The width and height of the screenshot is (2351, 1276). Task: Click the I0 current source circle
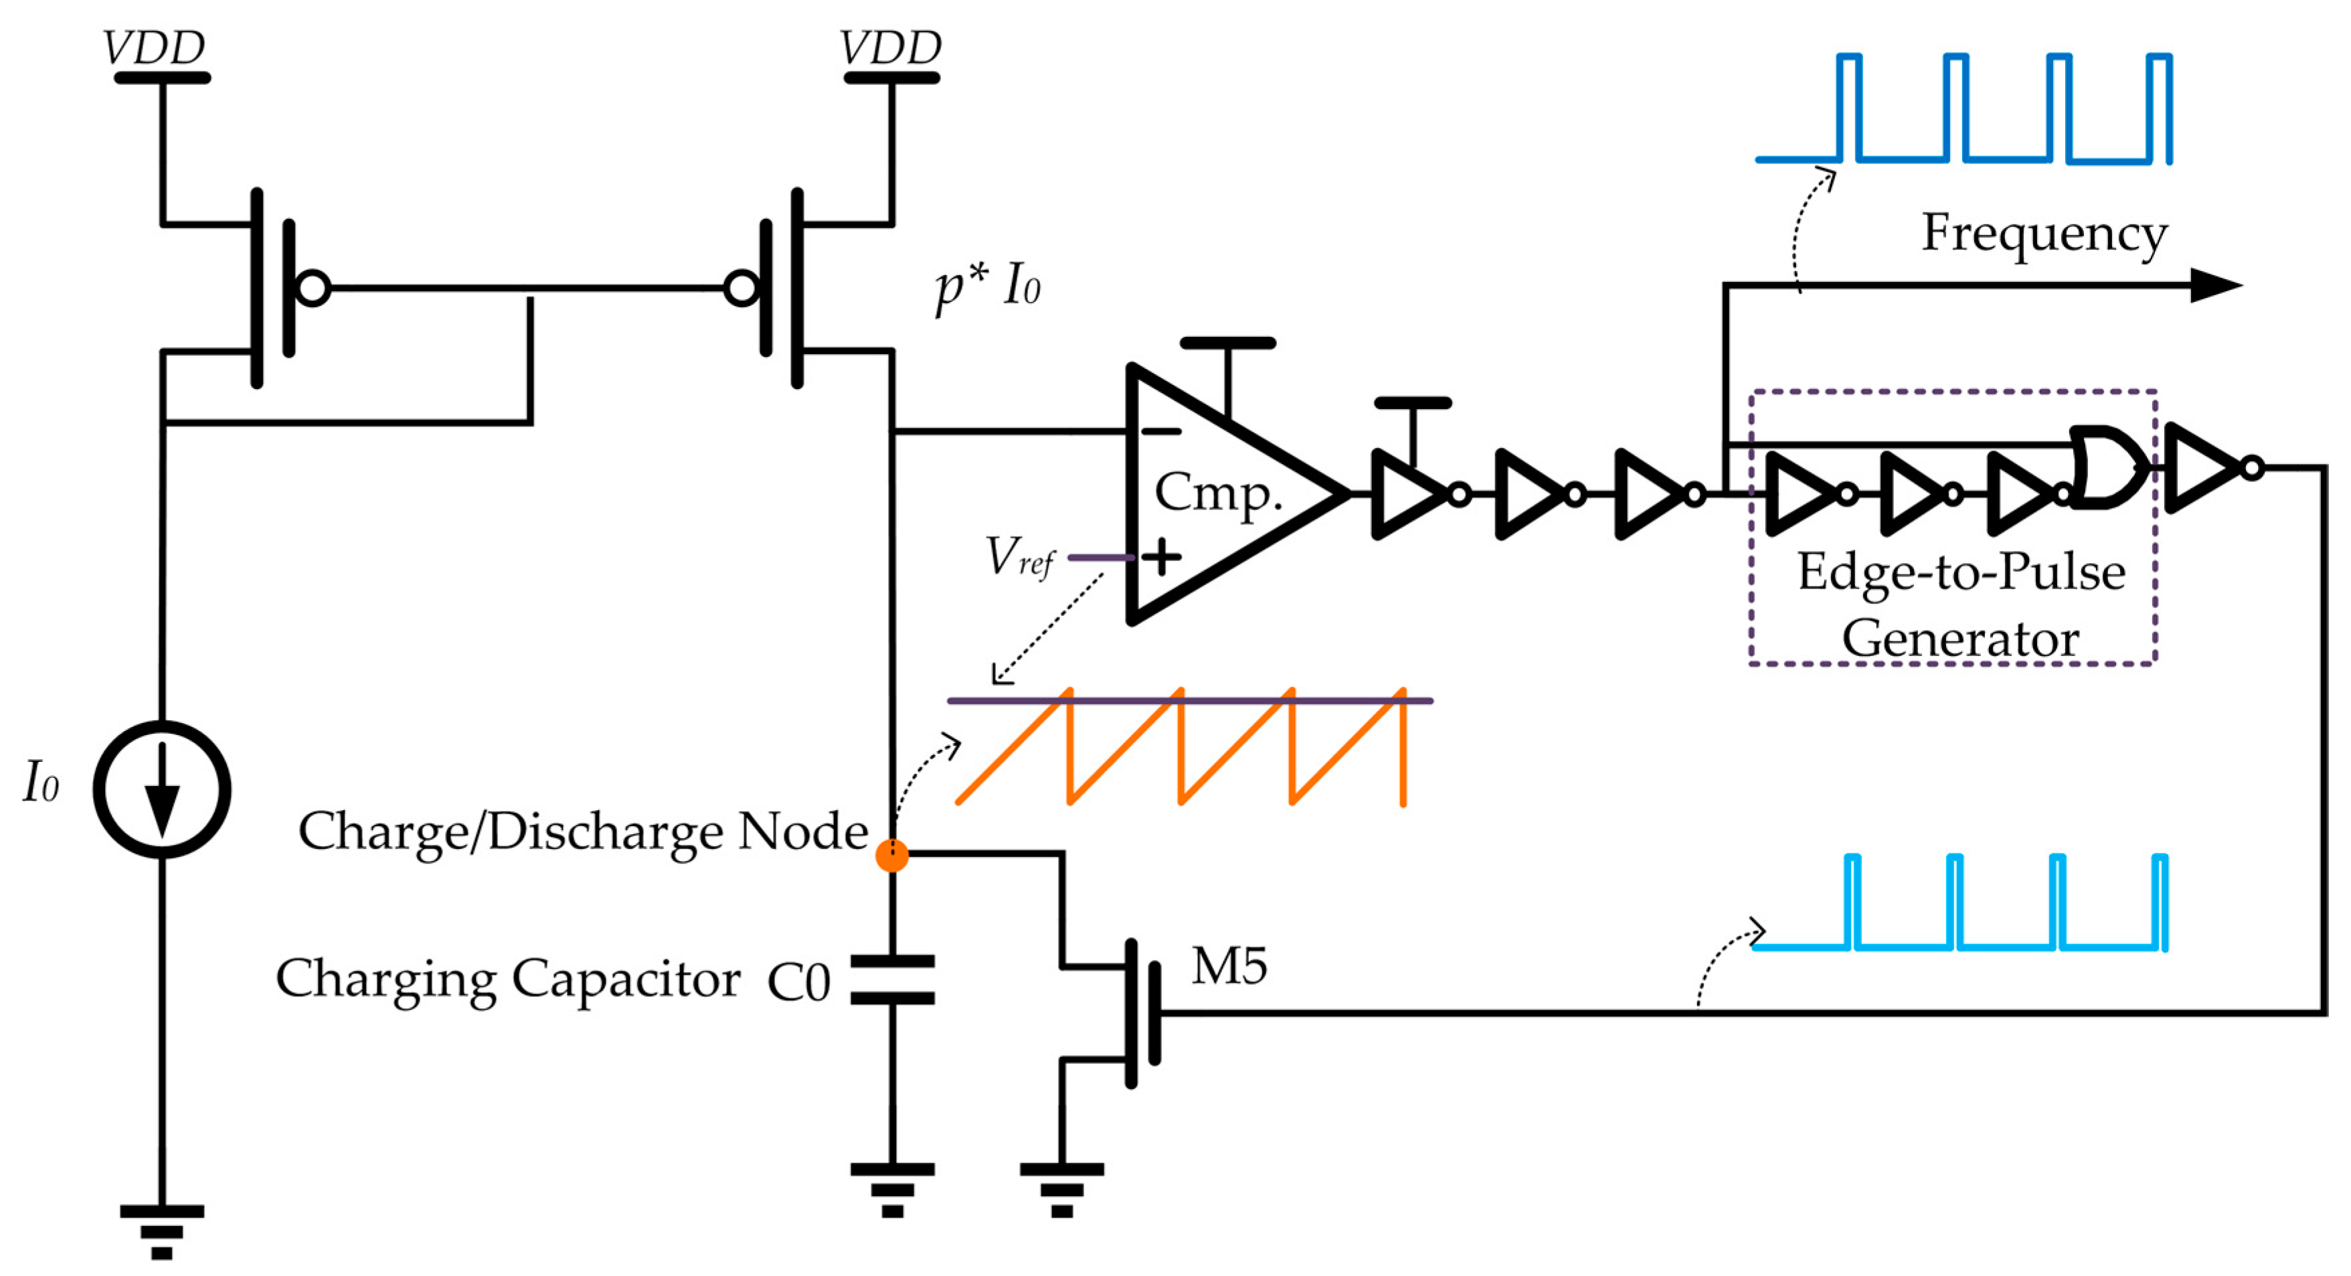click(163, 789)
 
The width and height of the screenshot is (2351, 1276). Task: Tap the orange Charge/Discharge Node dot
click(891, 855)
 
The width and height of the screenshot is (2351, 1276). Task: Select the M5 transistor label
click(1229, 967)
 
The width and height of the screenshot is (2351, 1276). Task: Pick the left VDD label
click(153, 48)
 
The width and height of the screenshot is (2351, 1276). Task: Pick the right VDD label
click(890, 48)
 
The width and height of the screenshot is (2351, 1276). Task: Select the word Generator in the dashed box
click(1960, 638)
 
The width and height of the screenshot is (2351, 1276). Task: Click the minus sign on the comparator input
click(1161, 431)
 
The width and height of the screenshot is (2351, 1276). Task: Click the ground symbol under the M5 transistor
click(1061, 1188)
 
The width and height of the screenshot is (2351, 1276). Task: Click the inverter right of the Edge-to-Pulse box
click(2204, 467)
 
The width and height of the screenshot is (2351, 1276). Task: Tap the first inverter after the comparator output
click(1410, 494)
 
